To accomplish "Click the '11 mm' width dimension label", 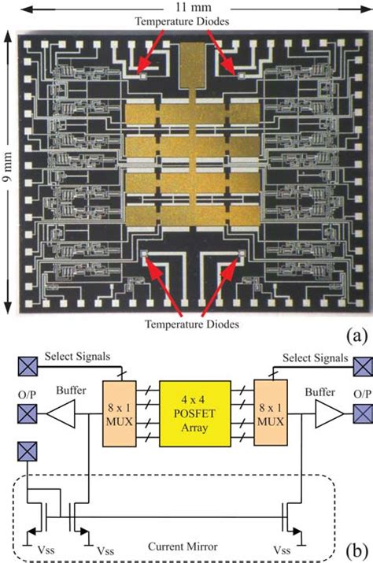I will pos(186,6).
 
